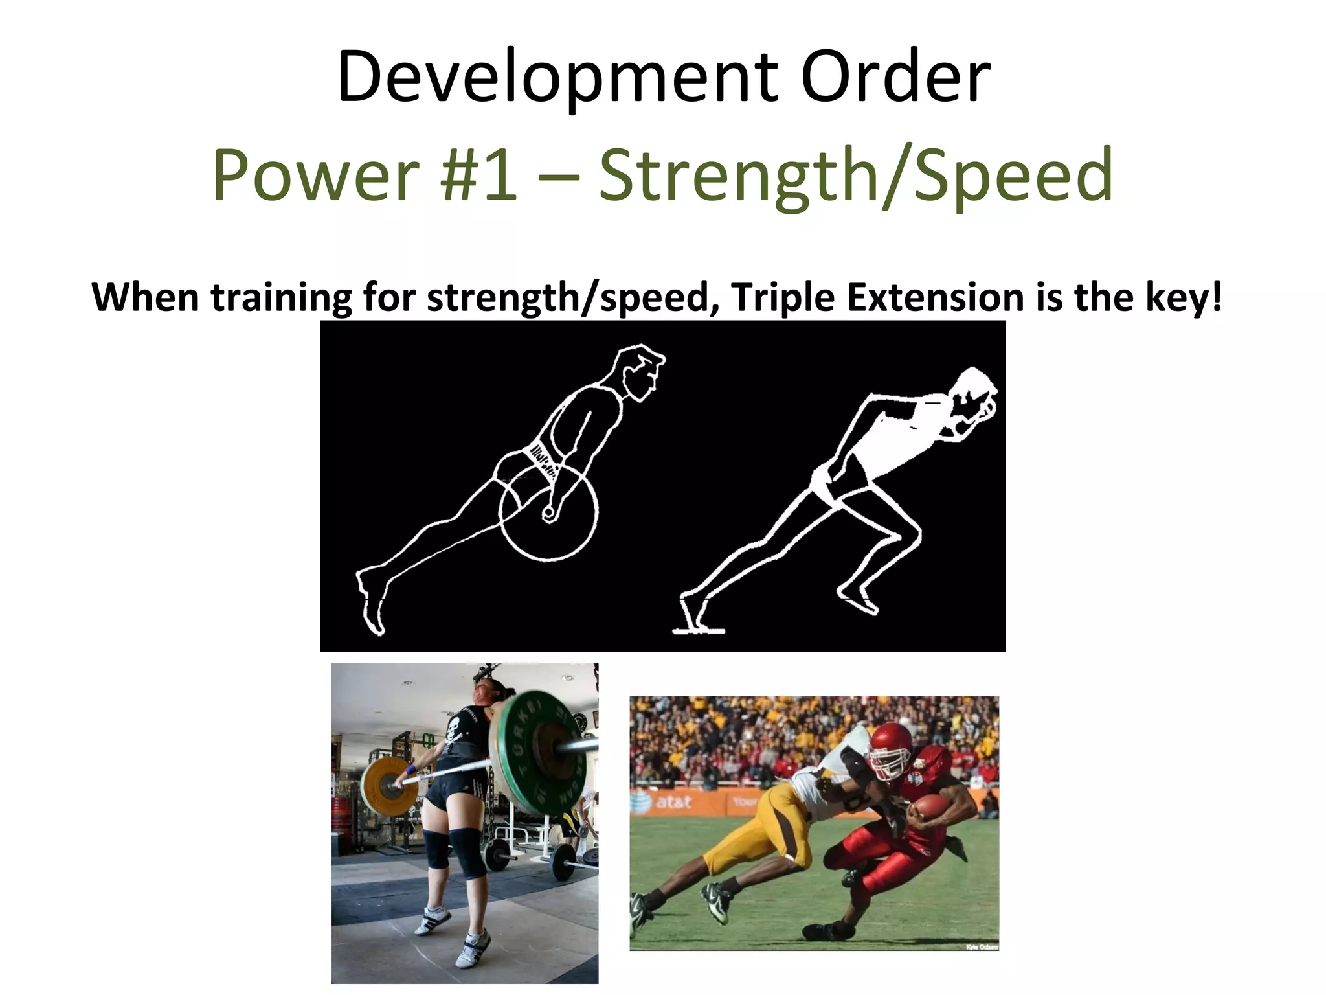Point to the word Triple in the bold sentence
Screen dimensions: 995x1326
784,297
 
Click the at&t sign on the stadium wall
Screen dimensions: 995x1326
673,802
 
